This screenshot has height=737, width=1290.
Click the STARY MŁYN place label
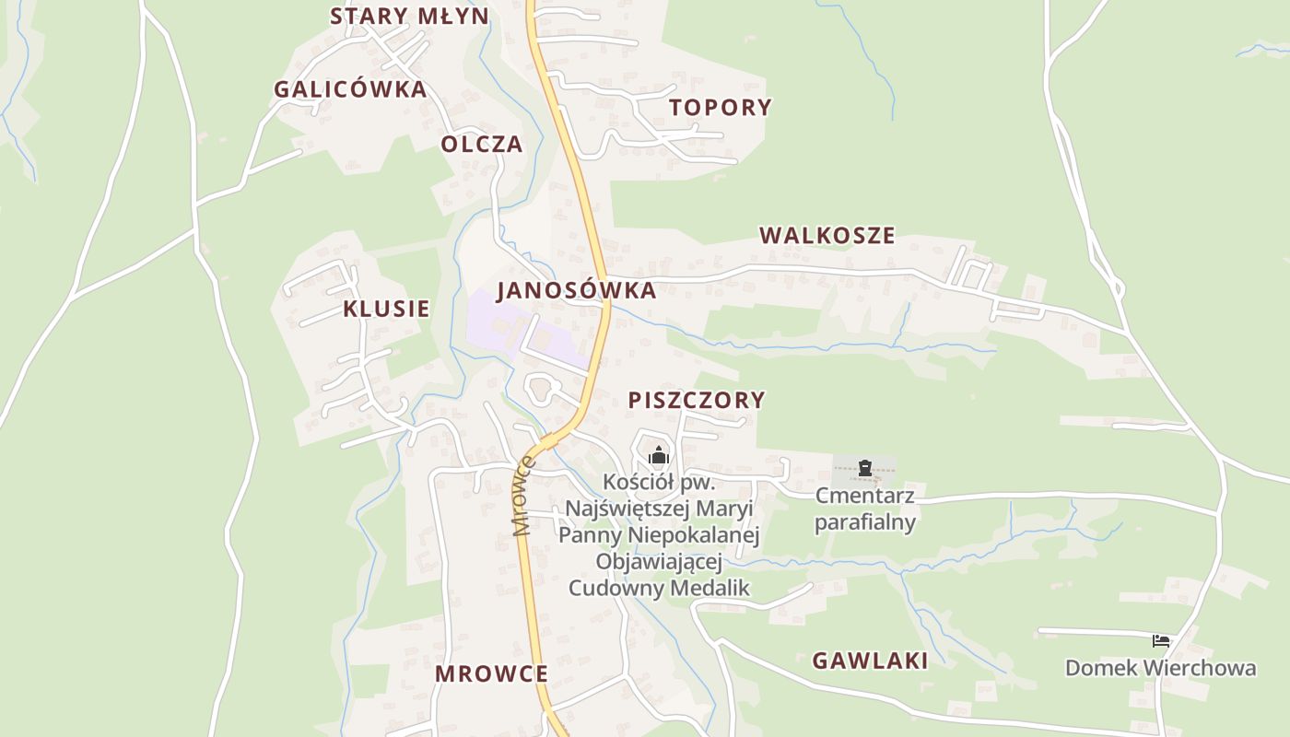click(410, 16)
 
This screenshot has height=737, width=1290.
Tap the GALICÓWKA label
click(350, 89)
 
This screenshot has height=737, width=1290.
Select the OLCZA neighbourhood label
click(481, 144)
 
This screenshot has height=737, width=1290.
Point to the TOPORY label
click(721, 107)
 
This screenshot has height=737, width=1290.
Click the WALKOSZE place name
click(827, 235)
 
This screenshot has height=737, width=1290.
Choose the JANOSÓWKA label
click(576, 290)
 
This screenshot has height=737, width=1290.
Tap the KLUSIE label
click(386, 309)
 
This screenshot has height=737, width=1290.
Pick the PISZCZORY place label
click(697, 400)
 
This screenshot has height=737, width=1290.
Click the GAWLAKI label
click(870, 660)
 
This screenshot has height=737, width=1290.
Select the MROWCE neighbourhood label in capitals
click(491, 673)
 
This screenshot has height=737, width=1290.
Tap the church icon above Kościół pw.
click(658, 455)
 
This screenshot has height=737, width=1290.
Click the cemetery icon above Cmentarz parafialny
click(864, 468)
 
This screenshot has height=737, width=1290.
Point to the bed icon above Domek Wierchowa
click(1161, 640)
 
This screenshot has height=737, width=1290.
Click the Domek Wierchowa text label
click(1160, 667)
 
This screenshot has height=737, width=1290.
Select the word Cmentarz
click(864, 496)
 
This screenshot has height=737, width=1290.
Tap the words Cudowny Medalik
click(659, 588)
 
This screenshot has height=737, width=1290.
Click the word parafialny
click(864, 522)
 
